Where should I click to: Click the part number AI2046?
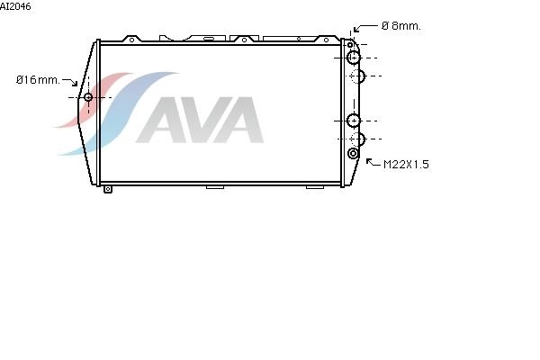(x=15, y=6)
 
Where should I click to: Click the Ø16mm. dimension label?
(x=38, y=80)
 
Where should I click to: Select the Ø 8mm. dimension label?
(x=401, y=26)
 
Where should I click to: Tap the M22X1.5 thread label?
(x=406, y=165)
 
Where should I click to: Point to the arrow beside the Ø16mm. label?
(x=70, y=82)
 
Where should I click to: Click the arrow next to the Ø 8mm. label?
(x=365, y=28)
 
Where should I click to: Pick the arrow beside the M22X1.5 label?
(x=373, y=162)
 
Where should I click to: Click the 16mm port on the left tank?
(x=88, y=97)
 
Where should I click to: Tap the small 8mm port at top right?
(x=350, y=45)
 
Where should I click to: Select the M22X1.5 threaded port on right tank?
(x=353, y=153)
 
